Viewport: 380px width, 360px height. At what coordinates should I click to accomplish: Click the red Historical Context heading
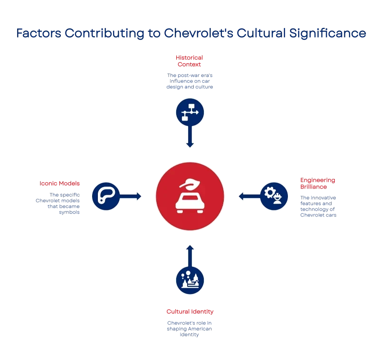[190, 61]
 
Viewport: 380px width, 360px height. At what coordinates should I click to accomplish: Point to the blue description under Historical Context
[190, 81]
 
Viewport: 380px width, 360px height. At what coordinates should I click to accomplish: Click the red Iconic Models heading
[59, 183]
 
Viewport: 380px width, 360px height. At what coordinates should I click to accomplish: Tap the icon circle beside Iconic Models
[105, 196]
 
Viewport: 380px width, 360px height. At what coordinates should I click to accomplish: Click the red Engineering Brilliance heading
[318, 183]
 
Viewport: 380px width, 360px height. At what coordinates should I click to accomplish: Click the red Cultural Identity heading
[190, 312]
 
